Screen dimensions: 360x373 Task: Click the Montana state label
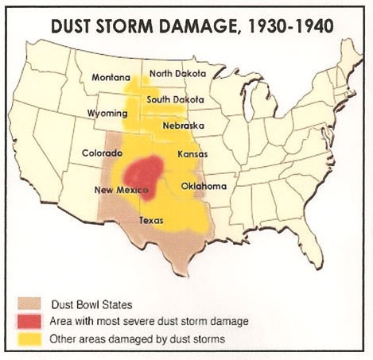[x=111, y=77]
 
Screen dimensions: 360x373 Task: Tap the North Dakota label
[x=178, y=73]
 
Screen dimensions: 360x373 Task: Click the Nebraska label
[x=183, y=126]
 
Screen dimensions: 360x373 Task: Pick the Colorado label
[x=102, y=152]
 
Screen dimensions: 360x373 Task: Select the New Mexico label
[x=118, y=190]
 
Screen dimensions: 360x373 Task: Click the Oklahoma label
[x=204, y=186]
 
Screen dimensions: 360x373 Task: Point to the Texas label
[x=152, y=219]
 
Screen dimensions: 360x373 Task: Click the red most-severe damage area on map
[x=143, y=172]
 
